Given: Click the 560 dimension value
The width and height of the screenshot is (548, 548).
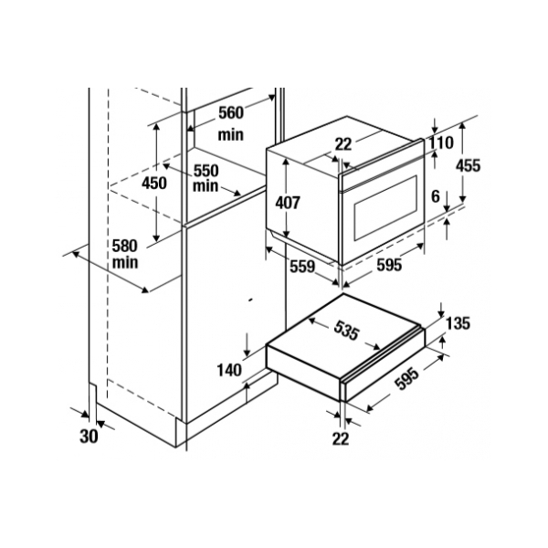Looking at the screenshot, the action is coord(231,113).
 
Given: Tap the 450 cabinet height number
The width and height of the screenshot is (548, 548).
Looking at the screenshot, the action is coord(154,183).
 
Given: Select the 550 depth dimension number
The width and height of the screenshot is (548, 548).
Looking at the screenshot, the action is coord(206,171).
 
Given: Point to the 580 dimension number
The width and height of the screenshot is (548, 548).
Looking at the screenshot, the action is coord(125,246).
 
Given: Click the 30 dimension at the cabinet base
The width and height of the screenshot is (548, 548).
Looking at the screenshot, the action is coord(89,437).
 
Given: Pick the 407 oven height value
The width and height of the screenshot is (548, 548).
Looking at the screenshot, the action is coord(288,203).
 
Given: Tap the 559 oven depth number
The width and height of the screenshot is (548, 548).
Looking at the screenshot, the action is coord(302,267).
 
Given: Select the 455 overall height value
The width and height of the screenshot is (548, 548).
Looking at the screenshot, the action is coord(468,165).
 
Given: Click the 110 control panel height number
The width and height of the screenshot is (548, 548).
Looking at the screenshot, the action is coord(441,142).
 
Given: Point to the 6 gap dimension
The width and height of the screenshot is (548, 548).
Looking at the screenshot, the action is coord(435,196).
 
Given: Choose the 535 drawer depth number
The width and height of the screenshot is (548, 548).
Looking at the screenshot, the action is coord(346,331).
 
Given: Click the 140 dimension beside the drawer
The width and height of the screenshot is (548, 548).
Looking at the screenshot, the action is coord(229,370).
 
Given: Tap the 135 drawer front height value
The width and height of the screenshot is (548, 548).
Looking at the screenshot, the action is coord(458,323).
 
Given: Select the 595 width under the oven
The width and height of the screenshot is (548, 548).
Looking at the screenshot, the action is coord(389,265).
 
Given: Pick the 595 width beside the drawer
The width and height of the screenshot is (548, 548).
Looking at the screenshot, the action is coord(406,379).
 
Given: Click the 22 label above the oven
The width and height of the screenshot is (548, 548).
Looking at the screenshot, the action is coord(343,144).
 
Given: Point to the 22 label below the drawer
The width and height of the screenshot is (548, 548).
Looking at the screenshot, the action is coord(341,438).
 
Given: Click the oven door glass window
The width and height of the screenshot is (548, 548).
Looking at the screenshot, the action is coord(385,207).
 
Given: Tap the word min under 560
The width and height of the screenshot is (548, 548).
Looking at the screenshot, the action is coord(231,134).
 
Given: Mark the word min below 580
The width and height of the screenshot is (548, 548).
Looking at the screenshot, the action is coord(125,262).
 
